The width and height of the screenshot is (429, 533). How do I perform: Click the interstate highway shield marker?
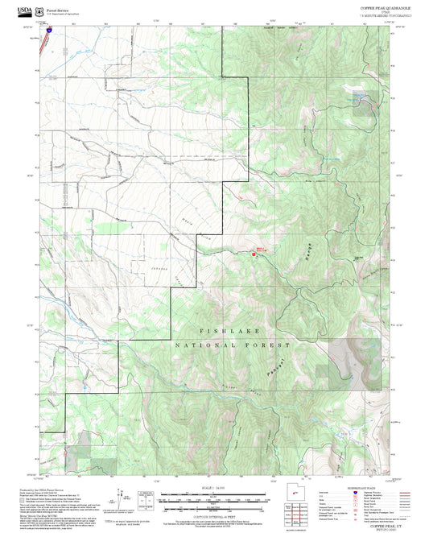pos(47,30)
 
